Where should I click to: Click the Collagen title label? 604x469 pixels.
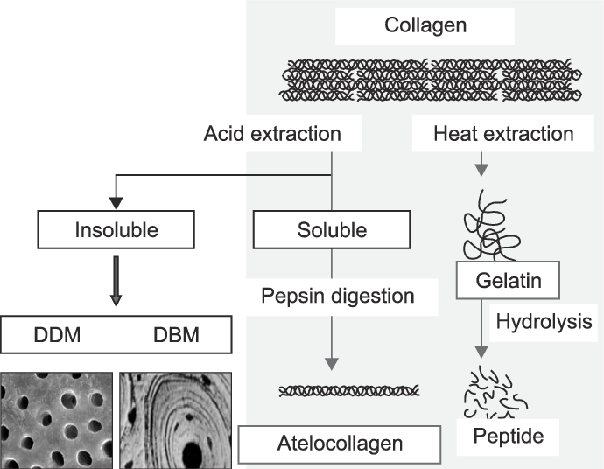(425, 24)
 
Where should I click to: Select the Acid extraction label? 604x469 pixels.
(271, 134)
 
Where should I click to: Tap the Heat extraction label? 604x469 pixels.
(503, 134)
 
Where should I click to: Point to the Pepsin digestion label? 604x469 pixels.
(337, 296)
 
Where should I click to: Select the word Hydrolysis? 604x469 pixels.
(544, 322)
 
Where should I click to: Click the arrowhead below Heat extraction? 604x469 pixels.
(481, 172)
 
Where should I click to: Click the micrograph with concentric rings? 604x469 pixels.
(174, 419)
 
